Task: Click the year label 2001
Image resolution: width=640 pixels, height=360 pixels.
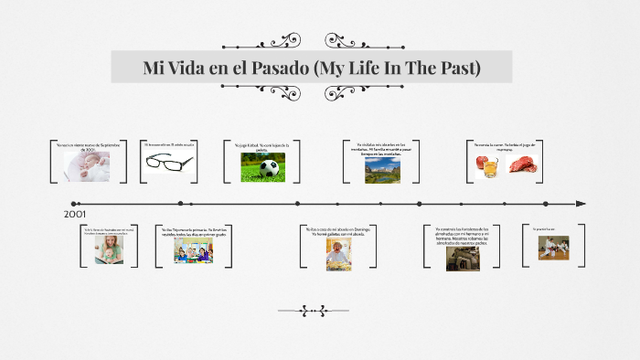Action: (x=76, y=214)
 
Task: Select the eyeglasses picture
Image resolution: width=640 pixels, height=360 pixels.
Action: (x=169, y=162)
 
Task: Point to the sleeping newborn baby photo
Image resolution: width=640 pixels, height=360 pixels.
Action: (x=87, y=165)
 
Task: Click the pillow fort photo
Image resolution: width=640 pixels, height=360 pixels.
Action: (x=463, y=258)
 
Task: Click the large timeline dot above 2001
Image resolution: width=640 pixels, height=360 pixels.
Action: (x=75, y=204)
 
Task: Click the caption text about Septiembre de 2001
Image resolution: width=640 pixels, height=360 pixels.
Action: (x=89, y=147)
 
